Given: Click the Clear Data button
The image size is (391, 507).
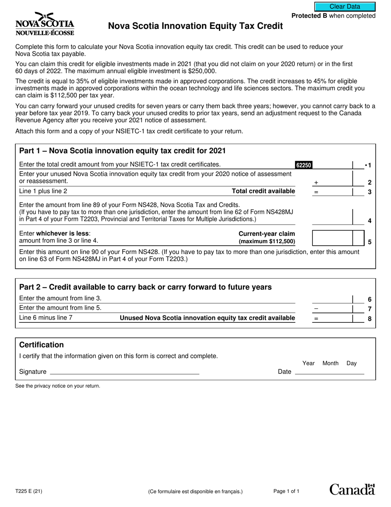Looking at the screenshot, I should tap(345, 7).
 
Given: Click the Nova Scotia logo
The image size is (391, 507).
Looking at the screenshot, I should tap(44, 23).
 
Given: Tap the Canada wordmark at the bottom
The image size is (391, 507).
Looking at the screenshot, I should tap(352, 489).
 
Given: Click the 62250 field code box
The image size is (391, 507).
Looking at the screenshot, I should tap(304, 165).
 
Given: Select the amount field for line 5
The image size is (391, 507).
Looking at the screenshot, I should tap(332, 238).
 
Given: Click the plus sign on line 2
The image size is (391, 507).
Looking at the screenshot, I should tap(316, 182).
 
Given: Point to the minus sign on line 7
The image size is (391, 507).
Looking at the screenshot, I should tap(316, 309).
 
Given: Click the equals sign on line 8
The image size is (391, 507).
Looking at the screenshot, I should tap(316, 318).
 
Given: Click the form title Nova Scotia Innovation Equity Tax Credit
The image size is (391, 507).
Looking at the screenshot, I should tap(195, 26).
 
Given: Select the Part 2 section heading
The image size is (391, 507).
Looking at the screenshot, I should tap(145, 287).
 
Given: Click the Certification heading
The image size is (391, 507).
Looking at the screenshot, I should tap(42, 345).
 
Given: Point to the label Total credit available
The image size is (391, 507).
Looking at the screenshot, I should tap(263, 191).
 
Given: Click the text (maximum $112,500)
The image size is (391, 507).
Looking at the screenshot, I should tap(267, 242).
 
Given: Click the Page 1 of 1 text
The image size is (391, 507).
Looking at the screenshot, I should tap(286, 491).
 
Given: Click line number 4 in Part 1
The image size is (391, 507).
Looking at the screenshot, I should tap(370, 221).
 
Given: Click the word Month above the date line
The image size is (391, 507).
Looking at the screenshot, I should tap(330, 363).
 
